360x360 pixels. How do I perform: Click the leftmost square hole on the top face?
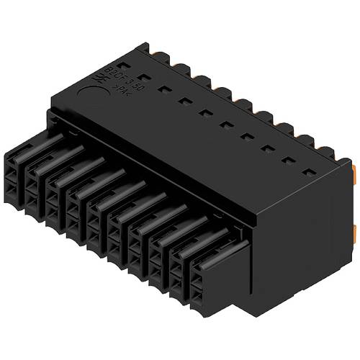coord(143,77)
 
